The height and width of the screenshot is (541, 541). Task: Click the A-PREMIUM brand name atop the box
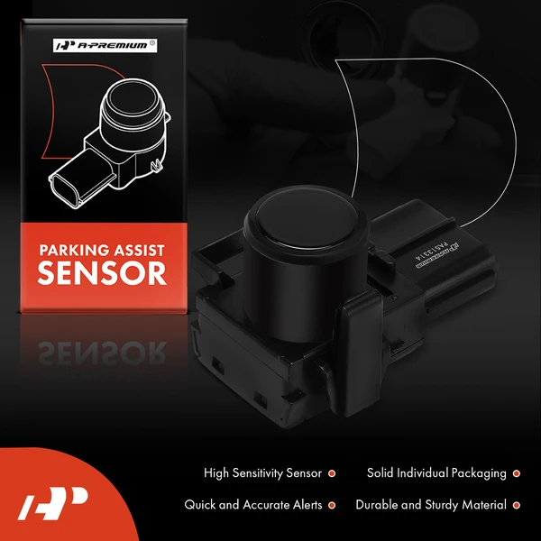pos(107,44)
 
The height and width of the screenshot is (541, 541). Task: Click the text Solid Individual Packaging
pos(436,472)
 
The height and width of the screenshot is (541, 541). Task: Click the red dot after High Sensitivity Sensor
pos(332,472)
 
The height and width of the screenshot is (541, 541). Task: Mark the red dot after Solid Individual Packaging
pos(516,472)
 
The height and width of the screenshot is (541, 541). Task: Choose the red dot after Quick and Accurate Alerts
pos(332,505)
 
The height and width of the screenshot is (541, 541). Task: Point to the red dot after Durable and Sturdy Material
pos(516,505)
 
